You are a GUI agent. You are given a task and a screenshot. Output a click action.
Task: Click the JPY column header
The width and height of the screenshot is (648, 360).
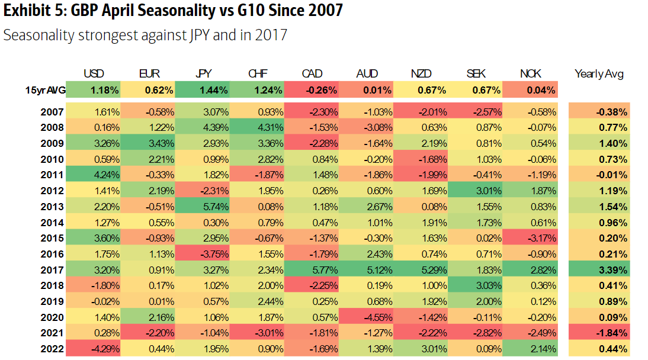click(204, 74)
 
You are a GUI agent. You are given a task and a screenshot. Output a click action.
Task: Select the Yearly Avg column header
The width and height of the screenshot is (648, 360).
click(599, 74)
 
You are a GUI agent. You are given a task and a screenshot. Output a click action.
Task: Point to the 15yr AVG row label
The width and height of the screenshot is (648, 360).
click(43, 91)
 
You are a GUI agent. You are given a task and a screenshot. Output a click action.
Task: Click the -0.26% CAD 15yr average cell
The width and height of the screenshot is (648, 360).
click(312, 91)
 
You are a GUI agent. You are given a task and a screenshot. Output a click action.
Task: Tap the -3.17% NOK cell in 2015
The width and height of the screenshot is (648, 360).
click(530, 238)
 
